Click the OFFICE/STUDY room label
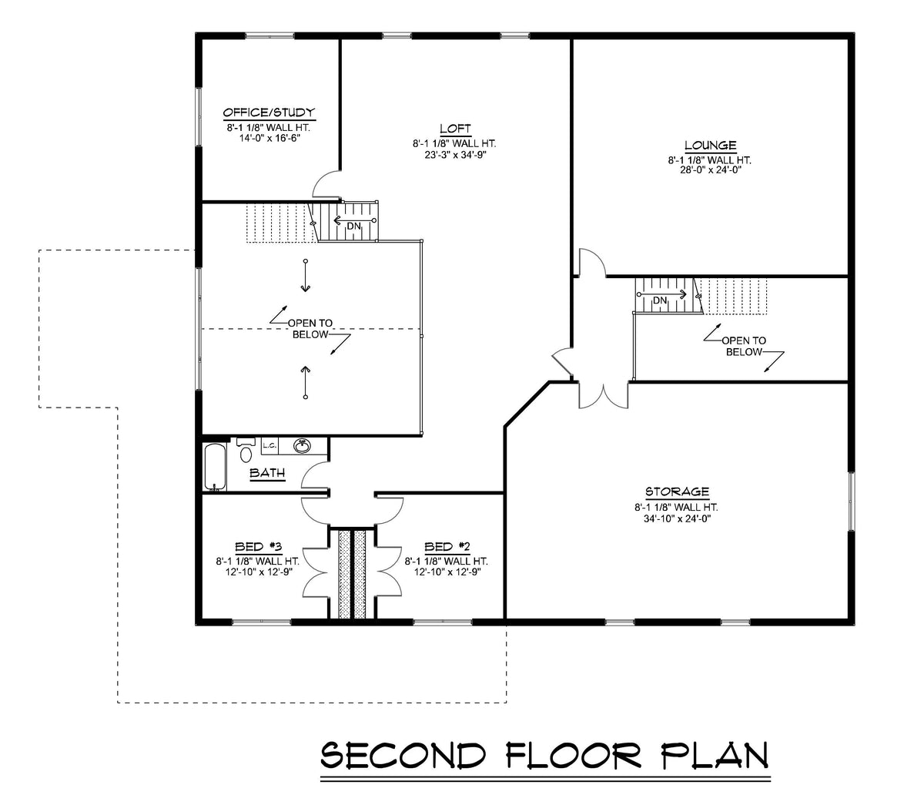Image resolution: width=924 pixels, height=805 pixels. point(269,112)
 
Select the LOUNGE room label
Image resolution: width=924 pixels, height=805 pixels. point(710,146)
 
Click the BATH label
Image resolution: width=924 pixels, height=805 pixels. point(267,473)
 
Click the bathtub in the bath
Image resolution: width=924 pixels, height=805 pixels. point(216,466)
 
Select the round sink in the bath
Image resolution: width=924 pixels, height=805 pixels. point(303,446)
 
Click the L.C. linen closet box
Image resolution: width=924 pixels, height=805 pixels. point(269,445)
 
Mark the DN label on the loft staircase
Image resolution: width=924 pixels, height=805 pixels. point(353,226)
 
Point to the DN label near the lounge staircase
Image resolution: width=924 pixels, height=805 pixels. point(660,300)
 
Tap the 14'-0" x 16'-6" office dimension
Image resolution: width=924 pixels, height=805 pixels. point(269,139)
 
